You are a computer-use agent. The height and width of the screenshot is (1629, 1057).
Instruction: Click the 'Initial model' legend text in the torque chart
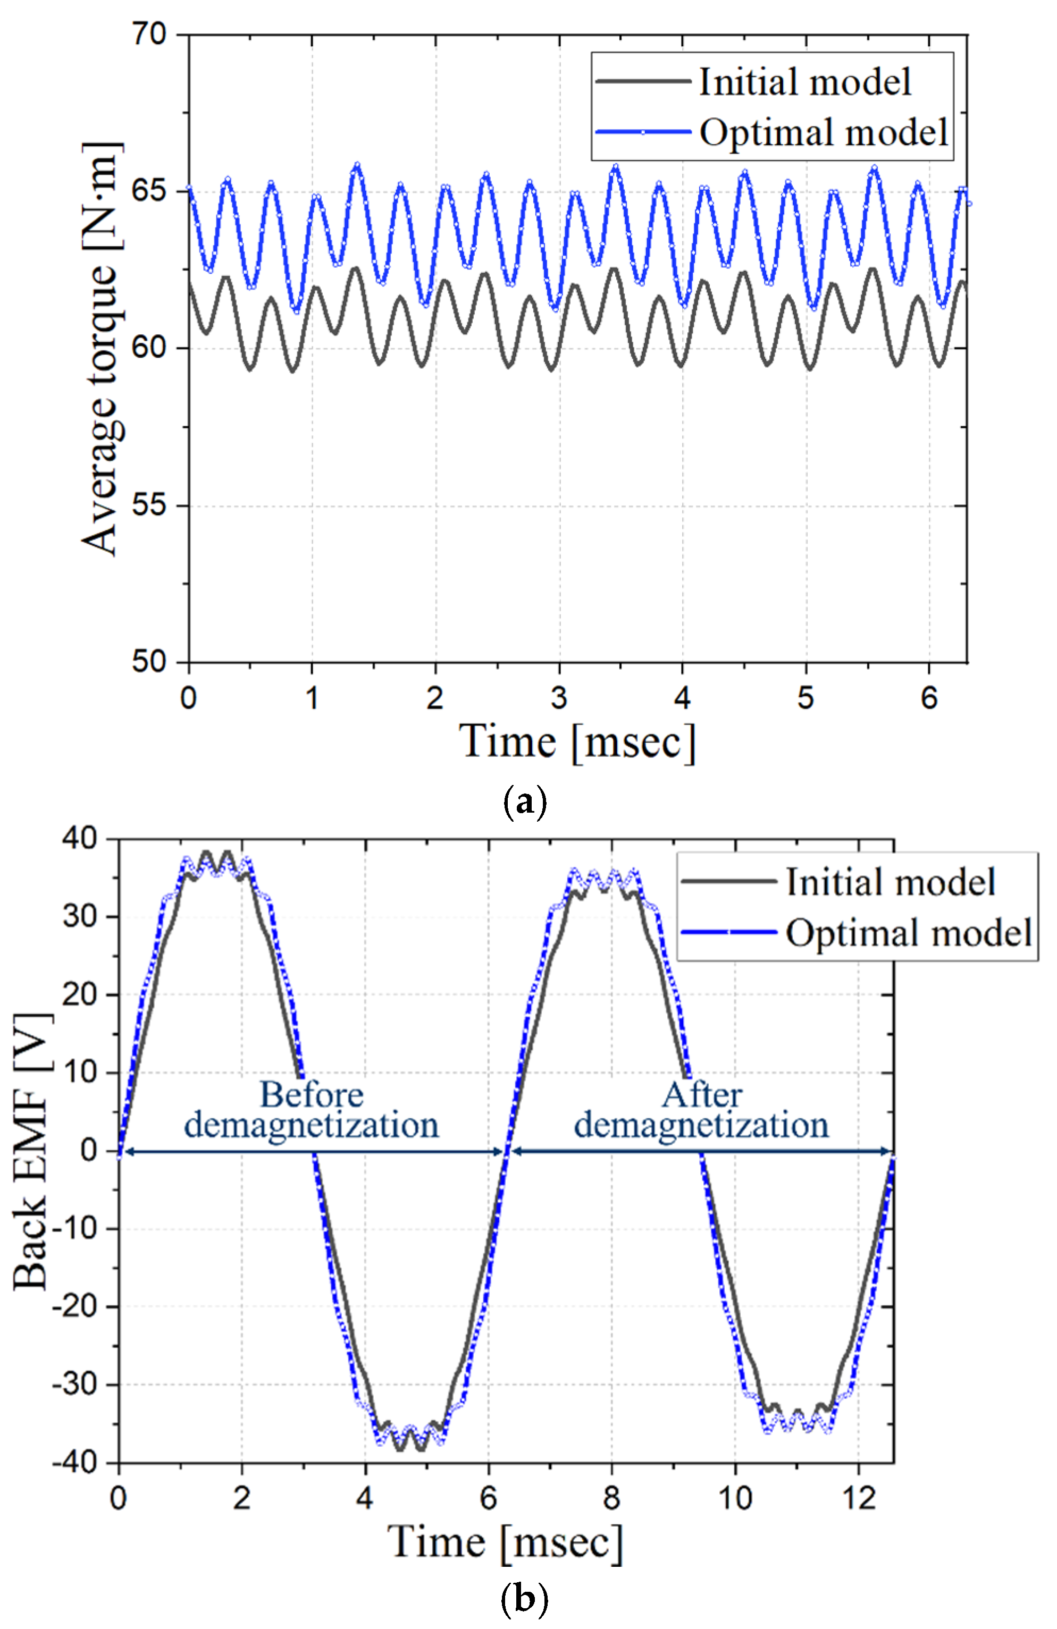[804, 82]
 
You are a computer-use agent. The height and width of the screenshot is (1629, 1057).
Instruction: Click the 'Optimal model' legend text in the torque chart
[824, 133]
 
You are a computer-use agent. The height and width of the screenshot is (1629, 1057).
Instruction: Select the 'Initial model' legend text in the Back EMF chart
[890, 882]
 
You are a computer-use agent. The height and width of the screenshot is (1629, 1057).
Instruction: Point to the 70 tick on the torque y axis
[149, 33]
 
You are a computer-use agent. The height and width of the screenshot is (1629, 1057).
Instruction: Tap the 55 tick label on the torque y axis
[149, 506]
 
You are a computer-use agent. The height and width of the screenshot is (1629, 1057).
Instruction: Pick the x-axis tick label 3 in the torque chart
[559, 698]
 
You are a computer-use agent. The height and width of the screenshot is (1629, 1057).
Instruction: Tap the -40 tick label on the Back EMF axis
[75, 1463]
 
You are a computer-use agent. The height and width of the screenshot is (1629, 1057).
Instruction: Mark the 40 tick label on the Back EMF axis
[80, 839]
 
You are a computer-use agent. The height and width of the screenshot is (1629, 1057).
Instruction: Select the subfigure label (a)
[525, 799]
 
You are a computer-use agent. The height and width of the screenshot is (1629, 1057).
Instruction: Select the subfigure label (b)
[525, 1600]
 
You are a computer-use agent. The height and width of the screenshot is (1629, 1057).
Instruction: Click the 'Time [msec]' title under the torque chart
[577, 742]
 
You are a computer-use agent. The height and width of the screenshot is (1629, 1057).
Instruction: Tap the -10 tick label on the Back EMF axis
[75, 1229]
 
